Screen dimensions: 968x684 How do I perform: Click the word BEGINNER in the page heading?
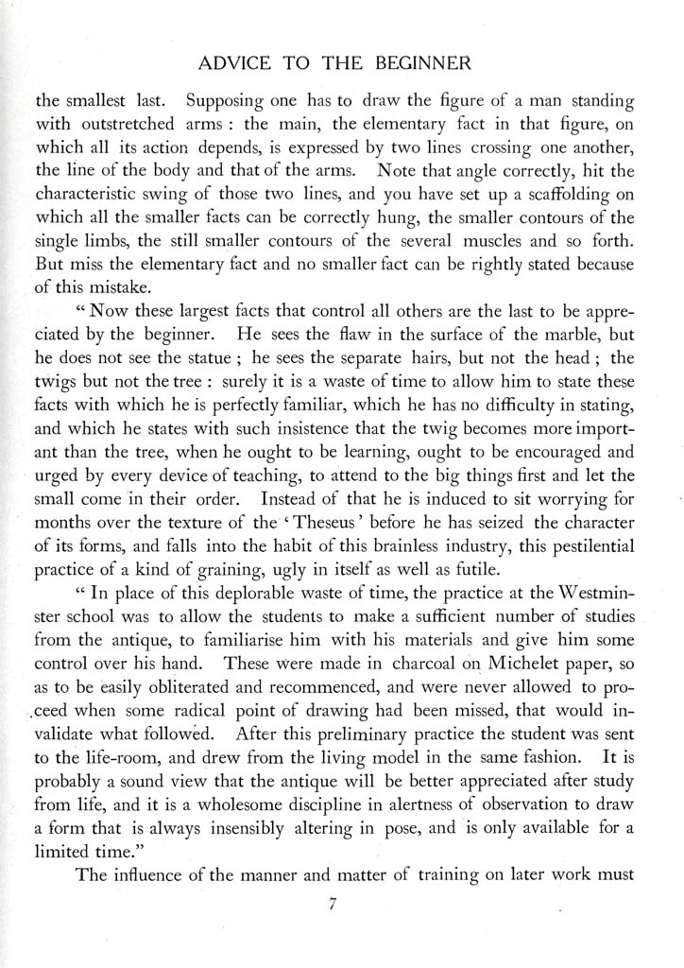[x=423, y=64]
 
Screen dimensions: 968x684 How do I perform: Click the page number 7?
[x=333, y=905]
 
